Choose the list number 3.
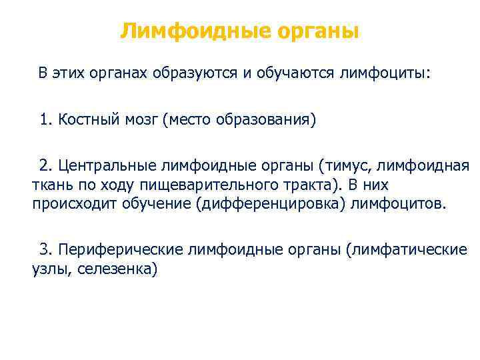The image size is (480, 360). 44,249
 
